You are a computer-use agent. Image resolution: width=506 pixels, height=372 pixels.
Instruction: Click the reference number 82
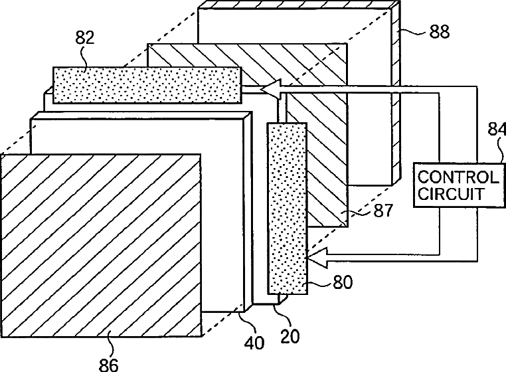[84, 38]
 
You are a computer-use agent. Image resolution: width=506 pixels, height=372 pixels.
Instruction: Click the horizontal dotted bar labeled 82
[146, 84]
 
